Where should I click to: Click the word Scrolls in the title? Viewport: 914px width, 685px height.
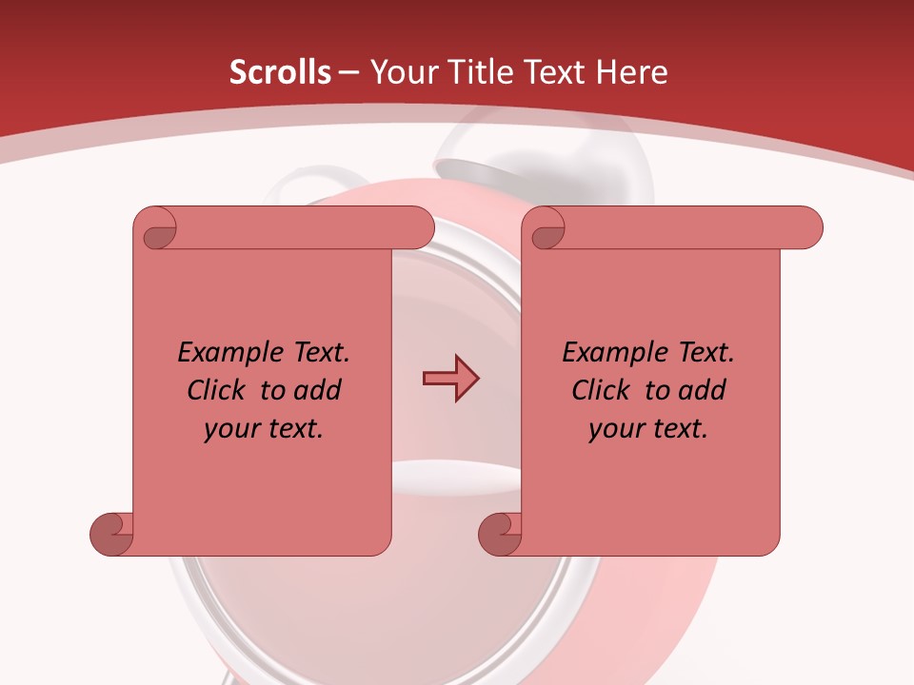click(280, 72)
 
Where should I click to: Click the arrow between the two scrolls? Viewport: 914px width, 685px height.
click(450, 379)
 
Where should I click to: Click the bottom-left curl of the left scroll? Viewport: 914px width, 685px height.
click(112, 533)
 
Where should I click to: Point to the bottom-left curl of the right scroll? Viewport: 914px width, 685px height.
click(501, 533)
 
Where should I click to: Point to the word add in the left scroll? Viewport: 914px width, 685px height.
click(318, 390)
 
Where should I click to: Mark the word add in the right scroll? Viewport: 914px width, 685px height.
click(703, 390)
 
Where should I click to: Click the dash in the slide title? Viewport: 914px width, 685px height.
click(349, 73)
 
